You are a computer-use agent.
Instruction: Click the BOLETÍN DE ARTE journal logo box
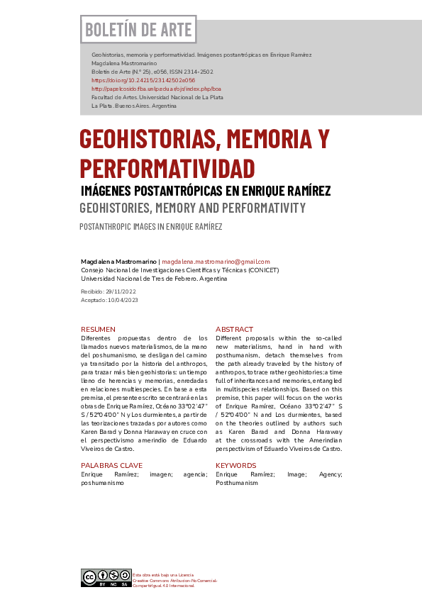pyautogui.click(x=138, y=30)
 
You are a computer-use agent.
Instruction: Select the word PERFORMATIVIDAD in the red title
pyautogui.click(x=167, y=169)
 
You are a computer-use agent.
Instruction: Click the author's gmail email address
pyautogui.click(x=216, y=262)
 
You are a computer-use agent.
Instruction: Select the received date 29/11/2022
pyautogui.click(x=121, y=291)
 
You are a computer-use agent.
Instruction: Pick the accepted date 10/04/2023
pyautogui.click(x=122, y=300)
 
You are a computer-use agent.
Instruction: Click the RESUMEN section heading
pyautogui.click(x=98, y=330)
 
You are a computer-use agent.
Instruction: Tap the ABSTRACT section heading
pyautogui.click(x=234, y=330)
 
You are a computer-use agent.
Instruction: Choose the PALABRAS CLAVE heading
pyautogui.click(x=111, y=465)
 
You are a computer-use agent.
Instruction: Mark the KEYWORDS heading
pyautogui.click(x=237, y=465)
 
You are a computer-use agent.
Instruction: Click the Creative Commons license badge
pyautogui.click(x=106, y=577)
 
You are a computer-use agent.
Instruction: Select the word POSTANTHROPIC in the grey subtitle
pyautogui.click(x=109, y=227)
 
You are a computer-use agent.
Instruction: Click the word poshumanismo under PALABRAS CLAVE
pyautogui.click(x=103, y=483)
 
